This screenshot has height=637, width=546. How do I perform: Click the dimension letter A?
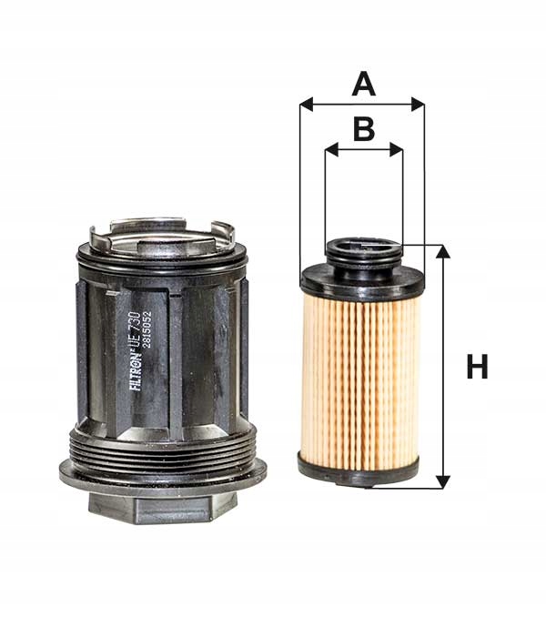click(363, 85)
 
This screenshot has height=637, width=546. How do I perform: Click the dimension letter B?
click(364, 129)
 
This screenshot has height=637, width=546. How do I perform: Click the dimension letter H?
click(477, 368)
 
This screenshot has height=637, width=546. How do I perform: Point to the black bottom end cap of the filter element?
click(359, 470)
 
